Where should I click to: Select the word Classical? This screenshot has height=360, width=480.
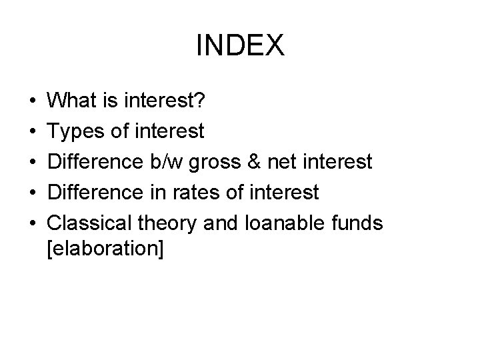pyautogui.click(x=91, y=223)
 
